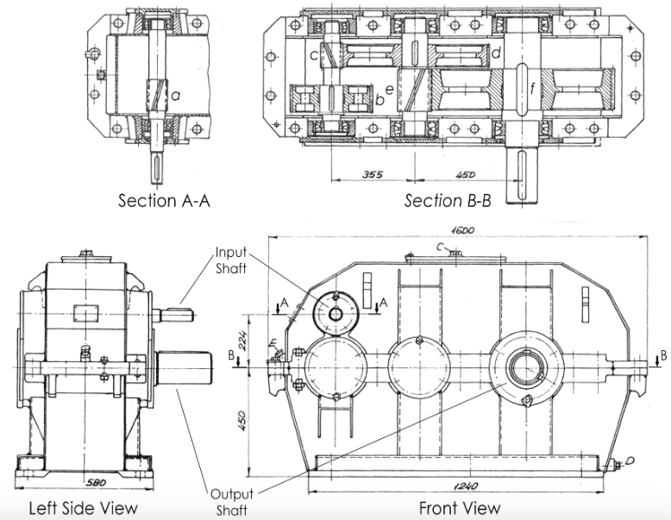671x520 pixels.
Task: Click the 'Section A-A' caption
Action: click(x=163, y=201)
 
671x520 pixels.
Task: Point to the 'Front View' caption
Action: click(x=459, y=508)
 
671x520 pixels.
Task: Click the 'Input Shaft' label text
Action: click(x=231, y=260)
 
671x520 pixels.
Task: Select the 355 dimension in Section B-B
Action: click(x=373, y=174)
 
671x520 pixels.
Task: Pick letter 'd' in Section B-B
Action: click(x=498, y=54)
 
